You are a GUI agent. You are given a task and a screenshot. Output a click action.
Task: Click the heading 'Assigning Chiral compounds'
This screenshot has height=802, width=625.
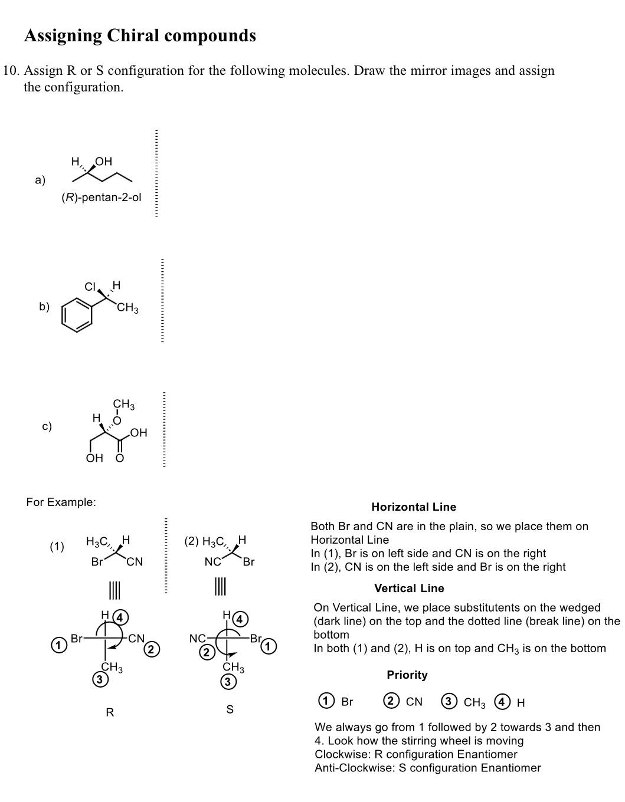coord(140,36)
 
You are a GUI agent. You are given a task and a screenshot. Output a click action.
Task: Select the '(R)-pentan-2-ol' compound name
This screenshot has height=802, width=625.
coord(102,198)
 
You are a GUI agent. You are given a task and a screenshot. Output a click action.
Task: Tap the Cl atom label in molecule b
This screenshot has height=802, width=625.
coord(90,287)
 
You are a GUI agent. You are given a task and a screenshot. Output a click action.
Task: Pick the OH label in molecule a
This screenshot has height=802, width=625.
coord(103,162)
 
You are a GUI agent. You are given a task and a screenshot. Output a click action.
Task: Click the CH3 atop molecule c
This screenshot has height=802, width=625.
coord(124,405)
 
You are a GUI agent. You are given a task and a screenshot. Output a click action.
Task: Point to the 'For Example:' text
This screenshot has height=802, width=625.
coord(61,502)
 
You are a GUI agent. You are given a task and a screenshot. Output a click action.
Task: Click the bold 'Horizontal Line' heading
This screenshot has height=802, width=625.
coord(414,507)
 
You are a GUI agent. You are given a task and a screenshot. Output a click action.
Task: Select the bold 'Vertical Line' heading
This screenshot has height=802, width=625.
coord(409,589)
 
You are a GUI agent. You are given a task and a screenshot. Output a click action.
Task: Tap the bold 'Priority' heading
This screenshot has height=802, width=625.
coord(407,675)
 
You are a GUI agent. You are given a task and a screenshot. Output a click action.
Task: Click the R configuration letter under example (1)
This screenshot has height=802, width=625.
coord(110,712)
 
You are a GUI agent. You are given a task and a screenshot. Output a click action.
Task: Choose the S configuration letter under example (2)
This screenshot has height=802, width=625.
coord(230,709)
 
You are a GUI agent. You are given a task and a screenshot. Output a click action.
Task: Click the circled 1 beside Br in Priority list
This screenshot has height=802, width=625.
coord(325,701)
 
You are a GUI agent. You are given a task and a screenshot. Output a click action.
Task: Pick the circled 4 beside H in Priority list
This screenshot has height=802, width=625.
coord(502,701)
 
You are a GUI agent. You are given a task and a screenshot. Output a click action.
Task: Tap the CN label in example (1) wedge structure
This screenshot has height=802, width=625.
coord(135,562)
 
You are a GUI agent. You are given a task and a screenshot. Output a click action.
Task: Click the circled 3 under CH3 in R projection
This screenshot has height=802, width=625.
coord(100,680)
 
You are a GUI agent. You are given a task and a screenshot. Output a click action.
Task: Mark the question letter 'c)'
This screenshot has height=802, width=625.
coord(47,426)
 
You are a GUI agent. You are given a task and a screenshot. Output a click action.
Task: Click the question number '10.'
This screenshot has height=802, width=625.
coord(11,71)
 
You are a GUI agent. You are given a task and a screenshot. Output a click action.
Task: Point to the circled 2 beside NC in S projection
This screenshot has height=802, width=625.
coord(207,652)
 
